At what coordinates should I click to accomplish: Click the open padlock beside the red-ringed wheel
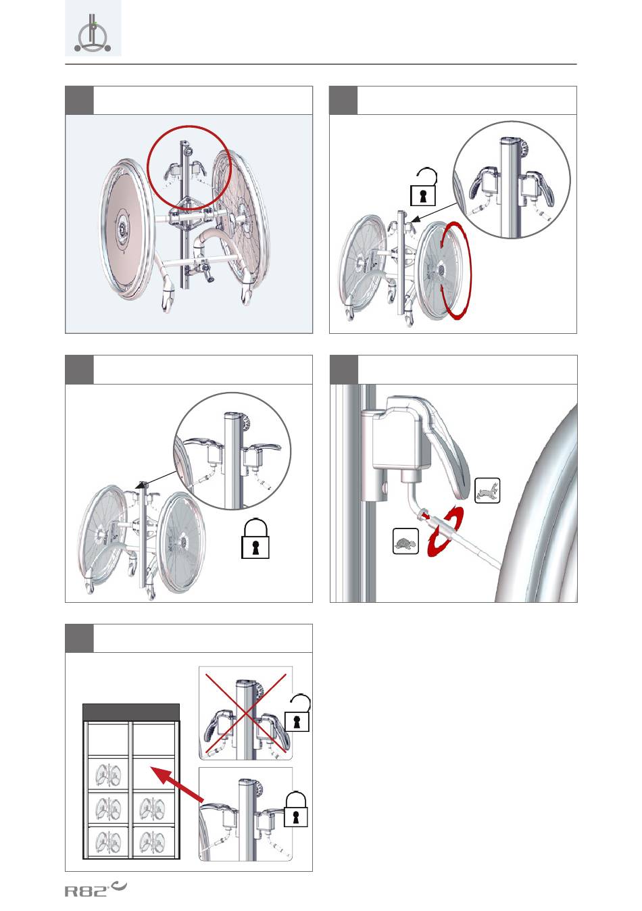coord(424,187)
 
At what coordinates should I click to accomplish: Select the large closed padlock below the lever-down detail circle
coord(255,538)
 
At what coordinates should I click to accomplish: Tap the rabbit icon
coord(487,491)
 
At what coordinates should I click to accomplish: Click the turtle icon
coord(405,541)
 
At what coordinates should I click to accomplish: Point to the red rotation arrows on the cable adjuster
coord(445,531)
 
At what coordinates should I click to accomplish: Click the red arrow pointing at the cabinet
coord(177,785)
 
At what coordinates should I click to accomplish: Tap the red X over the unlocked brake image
coord(245,714)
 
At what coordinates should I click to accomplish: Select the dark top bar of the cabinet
coord(131,712)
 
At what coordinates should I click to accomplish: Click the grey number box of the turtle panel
coord(344,369)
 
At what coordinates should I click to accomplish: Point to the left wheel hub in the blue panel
coord(122,227)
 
